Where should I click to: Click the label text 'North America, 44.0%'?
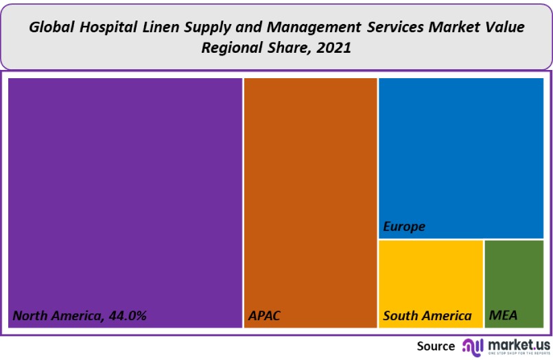point(80,316)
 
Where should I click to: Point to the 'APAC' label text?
point(264,316)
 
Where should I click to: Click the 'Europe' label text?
point(404,226)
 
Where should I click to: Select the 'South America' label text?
point(427,316)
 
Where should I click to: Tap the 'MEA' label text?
point(503,316)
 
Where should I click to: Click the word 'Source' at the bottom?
point(436,346)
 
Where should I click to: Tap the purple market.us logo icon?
point(473,346)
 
